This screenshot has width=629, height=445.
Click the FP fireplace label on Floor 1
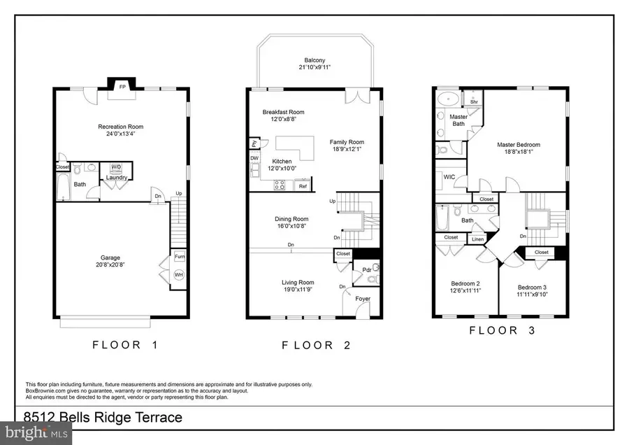tap(122, 87)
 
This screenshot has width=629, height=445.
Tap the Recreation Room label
tap(120, 127)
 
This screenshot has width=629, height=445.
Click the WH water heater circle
tap(179, 275)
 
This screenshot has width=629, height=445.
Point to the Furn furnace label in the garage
tap(179, 256)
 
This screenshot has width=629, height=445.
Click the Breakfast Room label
tap(283, 112)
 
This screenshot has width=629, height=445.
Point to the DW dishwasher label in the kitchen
tap(254, 158)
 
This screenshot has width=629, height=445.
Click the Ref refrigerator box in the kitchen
tap(303, 186)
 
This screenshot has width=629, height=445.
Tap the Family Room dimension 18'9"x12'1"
tap(347, 150)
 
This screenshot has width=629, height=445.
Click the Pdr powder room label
tap(366, 269)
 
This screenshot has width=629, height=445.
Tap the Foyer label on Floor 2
tap(362, 299)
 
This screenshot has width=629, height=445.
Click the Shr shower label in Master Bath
tap(473, 101)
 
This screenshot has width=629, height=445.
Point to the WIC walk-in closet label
tap(449, 178)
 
